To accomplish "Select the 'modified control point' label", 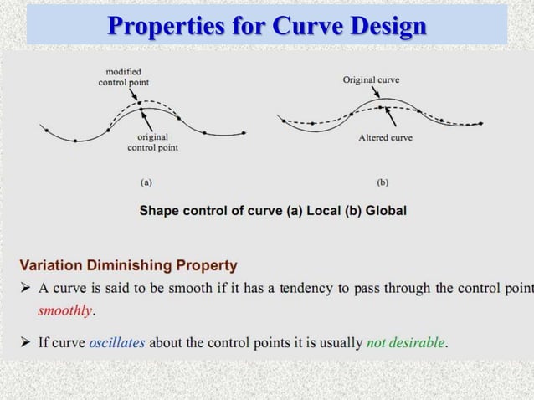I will point(122,77).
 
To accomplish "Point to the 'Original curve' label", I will point(371,79).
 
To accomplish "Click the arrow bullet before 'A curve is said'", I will point(25,289).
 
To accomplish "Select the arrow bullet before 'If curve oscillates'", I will point(25,342).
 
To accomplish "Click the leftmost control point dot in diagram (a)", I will point(46,130).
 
